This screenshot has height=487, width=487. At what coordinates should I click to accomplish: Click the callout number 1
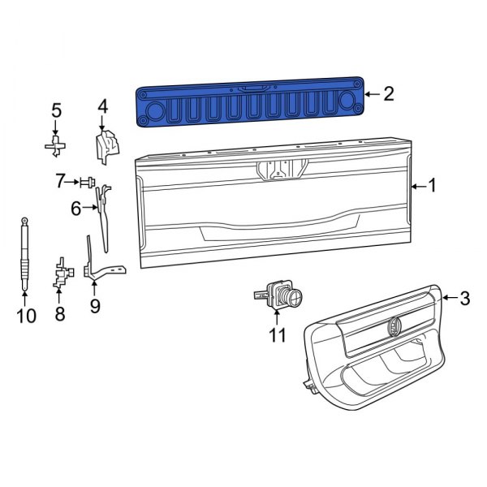(433, 186)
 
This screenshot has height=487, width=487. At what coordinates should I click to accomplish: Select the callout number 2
(388, 95)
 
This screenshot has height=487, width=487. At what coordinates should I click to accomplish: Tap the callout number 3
(464, 299)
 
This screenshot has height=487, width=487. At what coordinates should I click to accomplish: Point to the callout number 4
(102, 106)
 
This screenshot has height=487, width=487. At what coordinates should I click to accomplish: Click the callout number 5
(56, 110)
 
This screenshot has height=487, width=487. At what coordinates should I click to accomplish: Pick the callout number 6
(76, 209)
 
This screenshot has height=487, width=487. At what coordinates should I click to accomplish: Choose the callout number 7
(60, 181)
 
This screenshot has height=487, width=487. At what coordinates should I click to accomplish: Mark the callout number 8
(59, 312)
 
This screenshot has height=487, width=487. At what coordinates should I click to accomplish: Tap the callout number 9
(94, 306)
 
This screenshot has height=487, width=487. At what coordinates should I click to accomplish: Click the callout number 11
(278, 334)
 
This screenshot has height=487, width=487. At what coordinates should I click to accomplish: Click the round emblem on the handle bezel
(393, 325)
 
